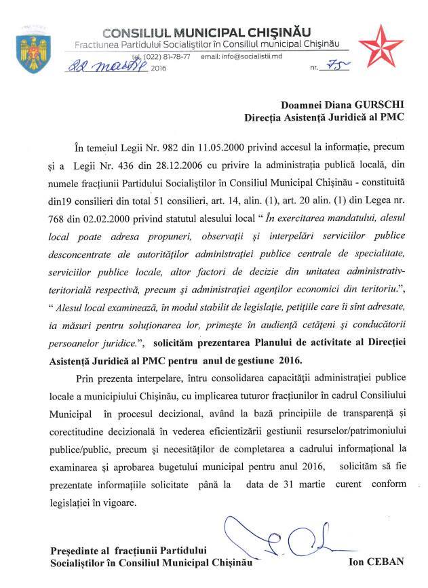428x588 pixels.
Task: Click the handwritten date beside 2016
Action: tap(104, 67)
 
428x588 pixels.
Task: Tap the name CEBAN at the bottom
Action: tap(394, 562)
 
